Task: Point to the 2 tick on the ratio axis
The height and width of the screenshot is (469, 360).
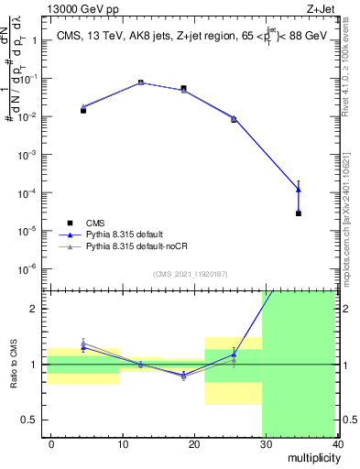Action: (38, 309)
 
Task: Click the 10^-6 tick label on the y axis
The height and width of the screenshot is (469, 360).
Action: (32, 268)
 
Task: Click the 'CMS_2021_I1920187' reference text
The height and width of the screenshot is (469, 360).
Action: (191, 274)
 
